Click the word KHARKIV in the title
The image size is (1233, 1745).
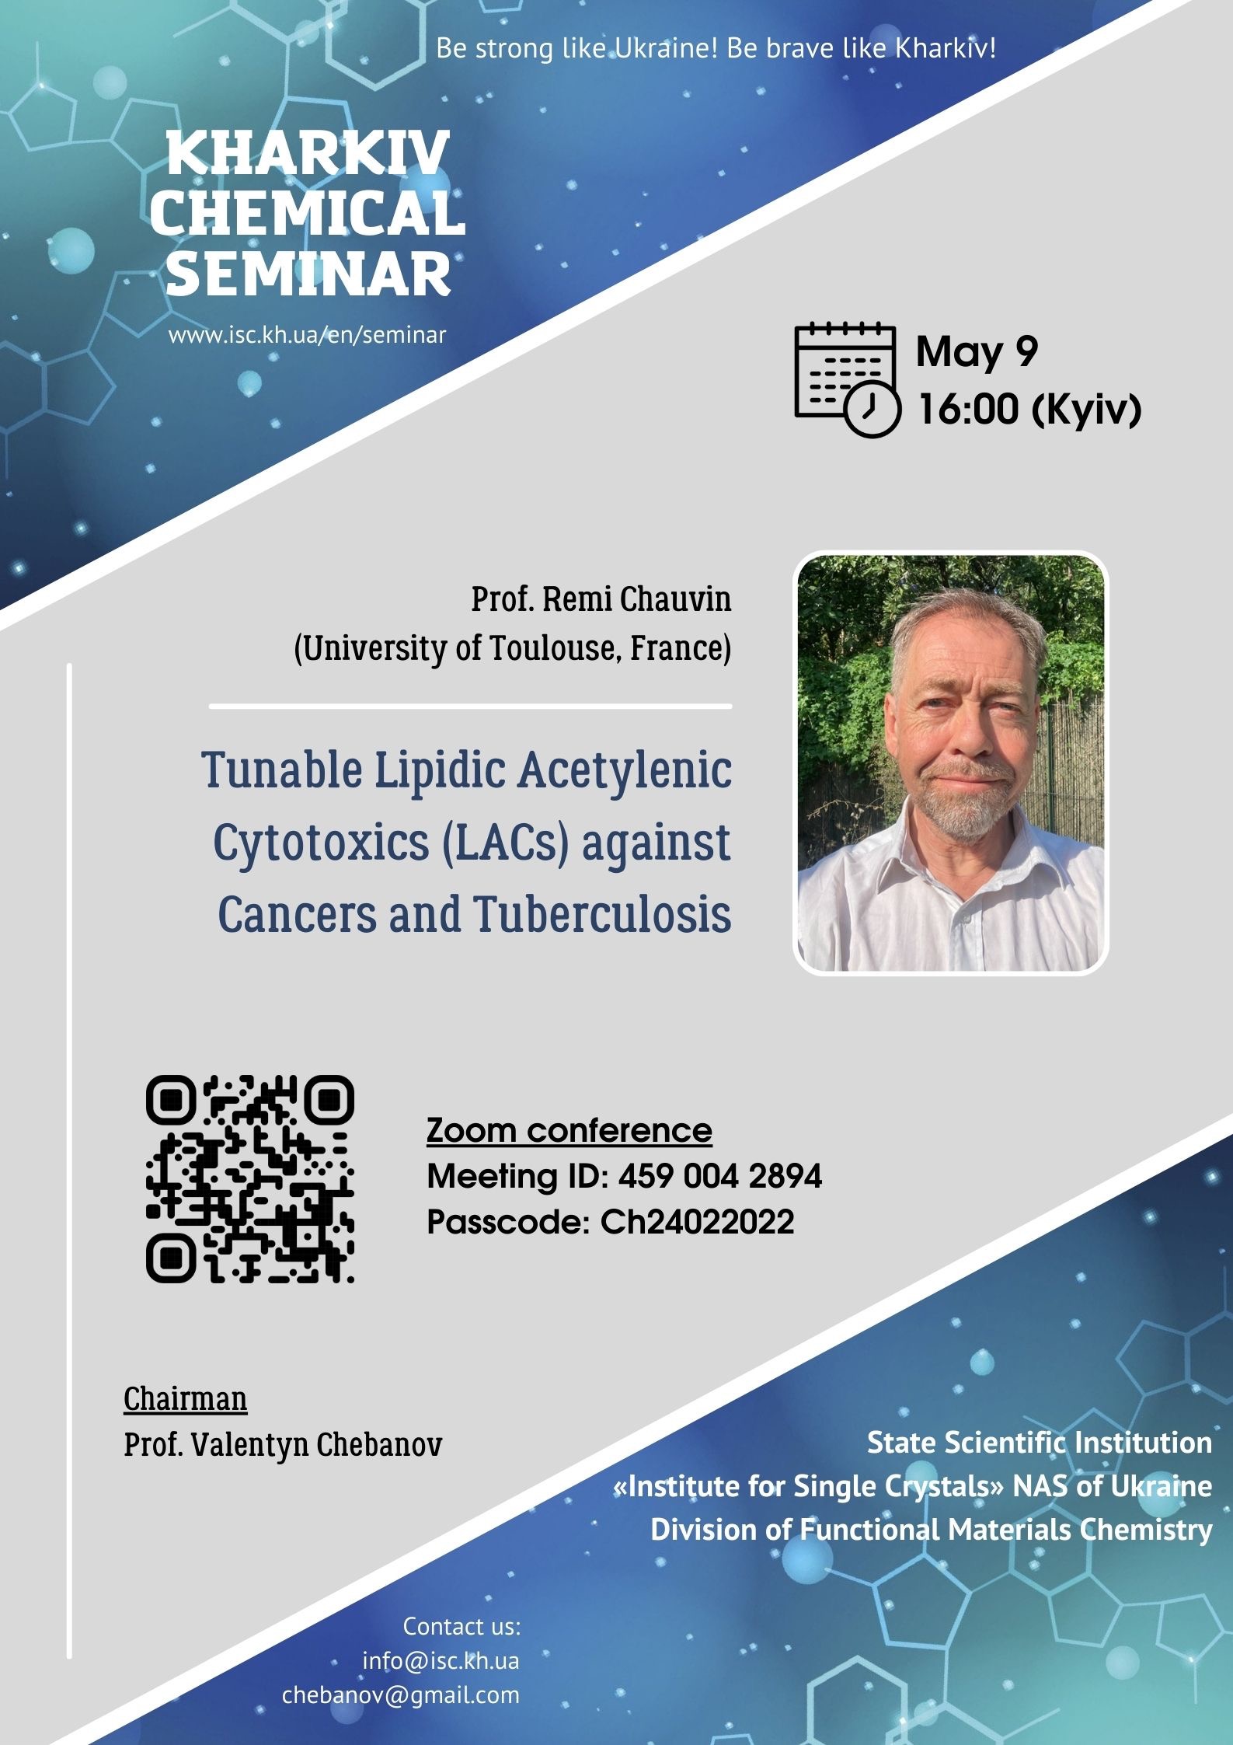pyautogui.click(x=308, y=153)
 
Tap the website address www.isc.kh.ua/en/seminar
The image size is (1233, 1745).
pyautogui.click(x=308, y=336)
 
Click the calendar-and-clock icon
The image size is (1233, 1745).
pyautogui.click(x=847, y=379)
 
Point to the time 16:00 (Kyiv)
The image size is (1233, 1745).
pyautogui.click(x=1029, y=409)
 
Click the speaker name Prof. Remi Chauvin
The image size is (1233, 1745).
pyautogui.click(x=601, y=599)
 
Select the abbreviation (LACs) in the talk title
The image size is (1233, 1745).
pyautogui.click(x=507, y=842)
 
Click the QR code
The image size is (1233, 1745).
pyautogui.click(x=250, y=1179)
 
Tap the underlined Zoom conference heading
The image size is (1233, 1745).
pyautogui.click(x=569, y=1131)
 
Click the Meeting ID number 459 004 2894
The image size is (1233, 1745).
pyautogui.click(x=720, y=1176)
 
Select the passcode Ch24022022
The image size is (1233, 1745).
pyautogui.click(x=698, y=1222)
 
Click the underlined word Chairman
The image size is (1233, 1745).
pyautogui.click(x=186, y=1398)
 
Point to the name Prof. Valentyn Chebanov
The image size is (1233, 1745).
pyautogui.click(x=283, y=1445)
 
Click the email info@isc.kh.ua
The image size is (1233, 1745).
pyautogui.click(x=441, y=1661)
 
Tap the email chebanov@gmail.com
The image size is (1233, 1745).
pyautogui.click(x=401, y=1695)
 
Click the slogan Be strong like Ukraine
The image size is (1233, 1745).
pyautogui.click(x=576, y=48)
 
